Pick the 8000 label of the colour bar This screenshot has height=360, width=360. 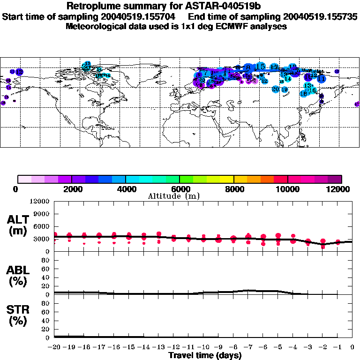point(234,189)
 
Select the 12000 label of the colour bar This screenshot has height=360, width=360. point(341,189)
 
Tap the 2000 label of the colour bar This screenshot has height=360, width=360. point(72,189)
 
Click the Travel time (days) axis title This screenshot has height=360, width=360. point(205,356)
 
